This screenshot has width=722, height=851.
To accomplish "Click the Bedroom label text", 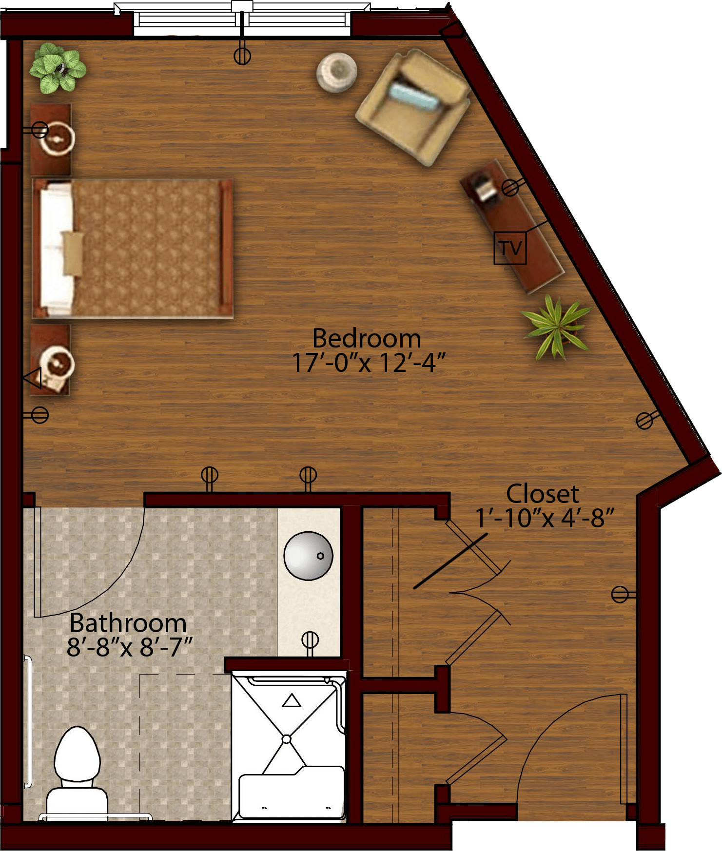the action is point(366,338).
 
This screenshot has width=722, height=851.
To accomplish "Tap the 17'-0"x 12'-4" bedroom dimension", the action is point(369,363).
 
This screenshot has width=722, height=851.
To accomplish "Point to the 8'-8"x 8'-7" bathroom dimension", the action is point(130,647).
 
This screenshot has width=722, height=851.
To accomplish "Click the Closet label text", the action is point(543,494).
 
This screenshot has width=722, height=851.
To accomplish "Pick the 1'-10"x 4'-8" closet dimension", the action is point(545,518).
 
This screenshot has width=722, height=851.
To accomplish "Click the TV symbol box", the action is point(510,248).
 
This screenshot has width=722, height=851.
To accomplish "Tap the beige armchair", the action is point(413,107).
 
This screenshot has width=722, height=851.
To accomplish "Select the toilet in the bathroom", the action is point(77,774).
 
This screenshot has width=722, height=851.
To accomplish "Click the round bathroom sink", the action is point(308,556).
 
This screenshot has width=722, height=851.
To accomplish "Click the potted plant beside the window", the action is point(58,68).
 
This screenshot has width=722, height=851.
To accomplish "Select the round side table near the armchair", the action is point(336,72).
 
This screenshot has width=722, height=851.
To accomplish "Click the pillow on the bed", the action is point(73,252).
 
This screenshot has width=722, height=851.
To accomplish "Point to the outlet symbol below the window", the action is point(242,56).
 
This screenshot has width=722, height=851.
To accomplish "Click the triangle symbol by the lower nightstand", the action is point(33,378).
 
